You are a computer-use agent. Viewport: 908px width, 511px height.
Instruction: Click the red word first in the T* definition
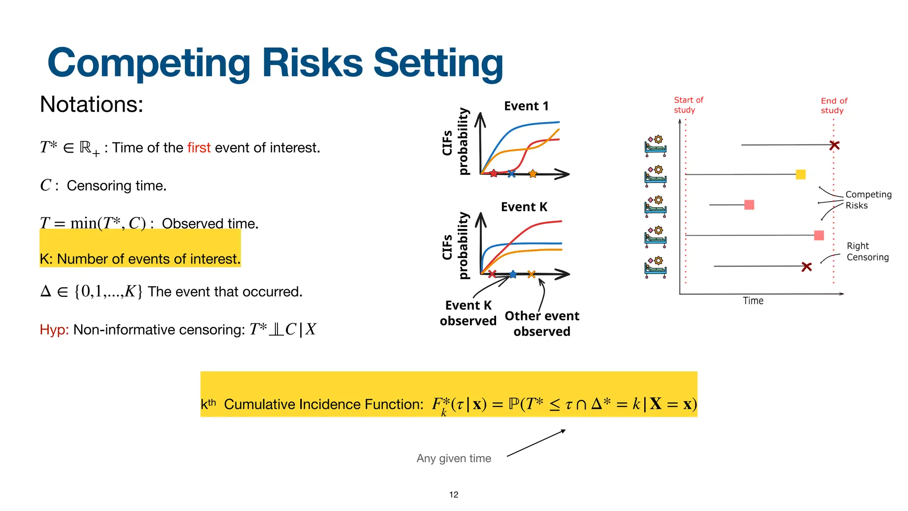click(199, 148)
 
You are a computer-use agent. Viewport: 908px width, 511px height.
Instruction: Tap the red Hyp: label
click(54, 330)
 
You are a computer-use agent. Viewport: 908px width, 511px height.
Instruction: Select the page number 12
click(454, 495)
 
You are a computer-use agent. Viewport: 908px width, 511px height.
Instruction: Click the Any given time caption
click(454, 458)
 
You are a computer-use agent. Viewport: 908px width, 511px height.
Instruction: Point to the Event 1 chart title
click(526, 106)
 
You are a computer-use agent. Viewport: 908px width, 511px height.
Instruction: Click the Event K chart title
click(524, 207)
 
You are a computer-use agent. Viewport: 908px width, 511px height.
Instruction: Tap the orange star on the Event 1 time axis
click(533, 174)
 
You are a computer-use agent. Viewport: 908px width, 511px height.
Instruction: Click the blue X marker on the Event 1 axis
click(512, 174)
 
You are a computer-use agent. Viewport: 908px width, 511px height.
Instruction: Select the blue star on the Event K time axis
click(513, 274)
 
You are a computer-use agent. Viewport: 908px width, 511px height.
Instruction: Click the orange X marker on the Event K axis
click(532, 274)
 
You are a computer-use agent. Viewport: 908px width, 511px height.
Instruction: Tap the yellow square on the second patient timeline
click(801, 174)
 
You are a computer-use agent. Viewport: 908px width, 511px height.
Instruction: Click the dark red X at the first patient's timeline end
click(834, 145)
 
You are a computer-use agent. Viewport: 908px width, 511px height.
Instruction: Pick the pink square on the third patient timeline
click(749, 204)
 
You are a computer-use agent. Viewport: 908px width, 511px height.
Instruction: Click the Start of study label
click(688, 105)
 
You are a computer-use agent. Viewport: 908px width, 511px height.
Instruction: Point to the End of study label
click(834, 106)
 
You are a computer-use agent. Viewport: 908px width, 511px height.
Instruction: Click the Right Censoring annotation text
click(867, 252)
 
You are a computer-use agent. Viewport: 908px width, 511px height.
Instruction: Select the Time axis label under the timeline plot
click(753, 301)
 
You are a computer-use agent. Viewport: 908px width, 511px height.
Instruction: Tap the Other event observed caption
click(542, 323)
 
